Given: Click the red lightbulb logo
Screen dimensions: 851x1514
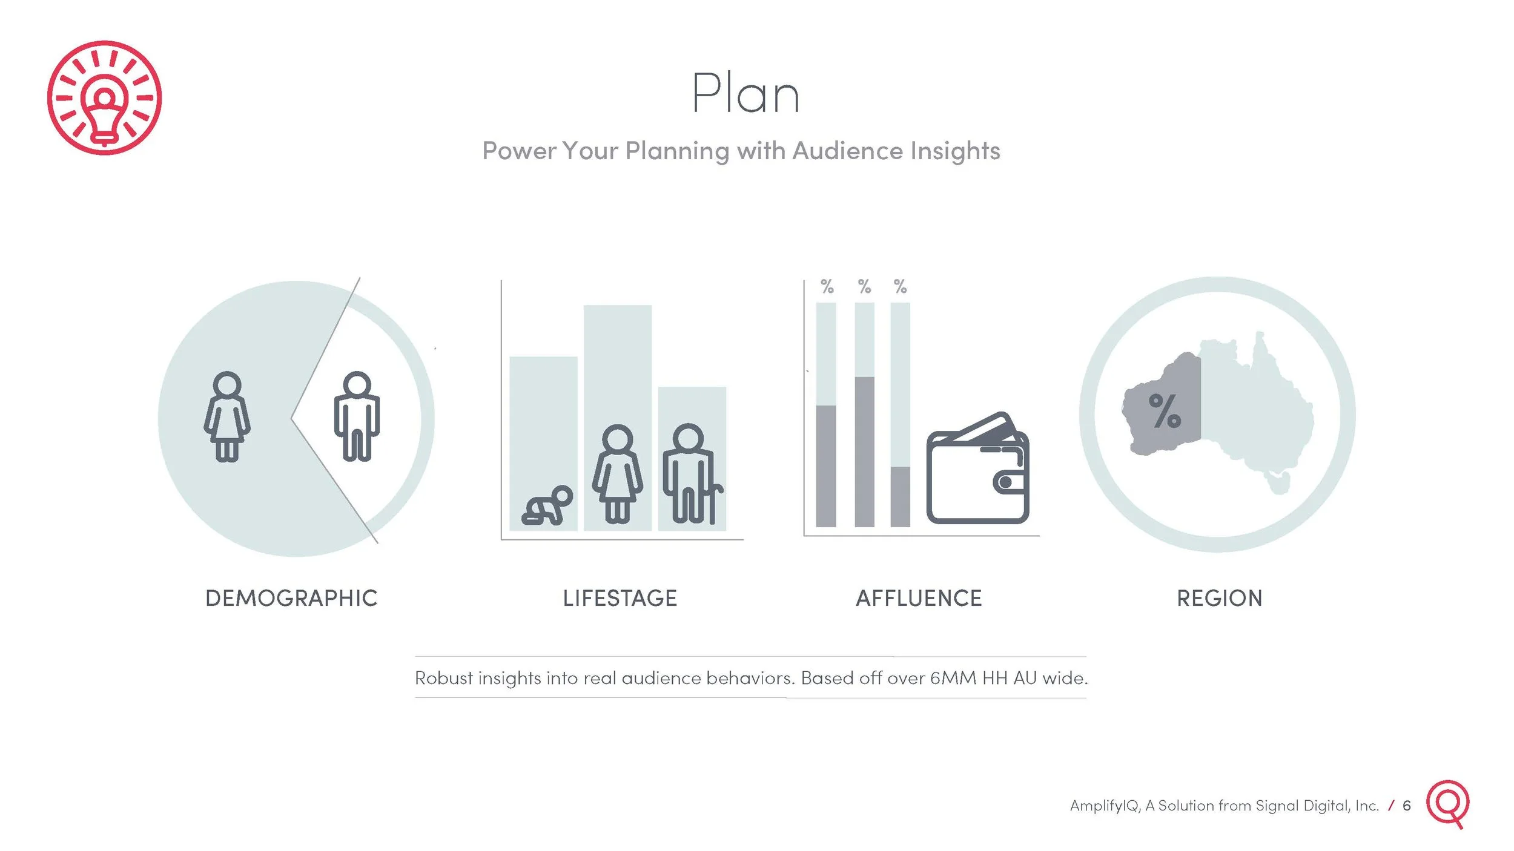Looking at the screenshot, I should coord(104,97).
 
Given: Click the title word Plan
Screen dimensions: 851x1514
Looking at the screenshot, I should coord(745,94).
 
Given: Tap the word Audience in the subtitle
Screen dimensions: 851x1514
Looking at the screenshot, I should coord(847,151).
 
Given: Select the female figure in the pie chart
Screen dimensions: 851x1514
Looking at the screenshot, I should coord(227,417).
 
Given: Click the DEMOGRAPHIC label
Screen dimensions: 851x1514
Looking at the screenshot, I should coord(291,599).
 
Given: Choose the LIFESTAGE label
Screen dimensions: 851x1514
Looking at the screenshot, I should coord(620,599).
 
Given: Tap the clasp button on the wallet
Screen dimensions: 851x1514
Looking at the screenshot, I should coord(1005,482).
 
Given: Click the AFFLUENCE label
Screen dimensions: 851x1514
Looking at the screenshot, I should coord(919,599).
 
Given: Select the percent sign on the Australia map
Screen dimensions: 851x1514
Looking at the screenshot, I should coord(1165,411).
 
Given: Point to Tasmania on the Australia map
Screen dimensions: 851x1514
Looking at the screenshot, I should coord(1280,484).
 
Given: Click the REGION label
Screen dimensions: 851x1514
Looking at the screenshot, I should coord(1220,599).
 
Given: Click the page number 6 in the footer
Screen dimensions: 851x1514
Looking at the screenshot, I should coord(1407,806).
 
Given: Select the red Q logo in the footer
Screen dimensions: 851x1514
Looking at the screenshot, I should coord(1448,803).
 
